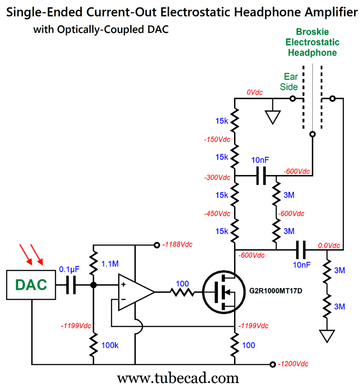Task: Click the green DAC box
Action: point(31,284)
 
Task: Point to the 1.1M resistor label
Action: point(109,264)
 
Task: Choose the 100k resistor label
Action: point(109,345)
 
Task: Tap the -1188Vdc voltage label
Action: point(177,245)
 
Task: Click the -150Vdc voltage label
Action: point(216,139)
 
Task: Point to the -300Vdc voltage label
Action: point(216,178)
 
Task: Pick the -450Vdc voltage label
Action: point(216,213)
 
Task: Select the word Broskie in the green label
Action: point(312,32)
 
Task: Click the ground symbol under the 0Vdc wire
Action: point(272,116)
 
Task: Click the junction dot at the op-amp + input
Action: point(93,285)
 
